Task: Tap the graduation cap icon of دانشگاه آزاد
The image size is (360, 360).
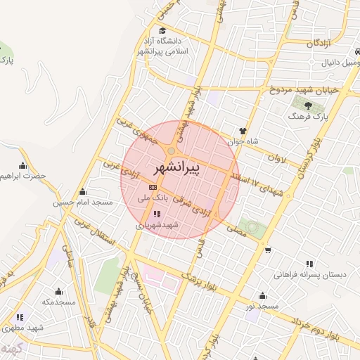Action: (163, 30)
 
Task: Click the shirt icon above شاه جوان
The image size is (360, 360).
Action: (243, 131)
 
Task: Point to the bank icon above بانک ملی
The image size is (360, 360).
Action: (153, 188)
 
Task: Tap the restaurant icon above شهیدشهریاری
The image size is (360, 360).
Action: (155, 213)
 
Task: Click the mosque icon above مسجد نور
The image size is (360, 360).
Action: (262, 295)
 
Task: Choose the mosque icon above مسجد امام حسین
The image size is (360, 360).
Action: (83, 191)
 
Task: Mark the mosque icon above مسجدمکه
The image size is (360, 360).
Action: (58, 291)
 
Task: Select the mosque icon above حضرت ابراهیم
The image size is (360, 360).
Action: (23, 165)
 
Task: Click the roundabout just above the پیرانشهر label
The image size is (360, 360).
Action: (172, 151)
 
